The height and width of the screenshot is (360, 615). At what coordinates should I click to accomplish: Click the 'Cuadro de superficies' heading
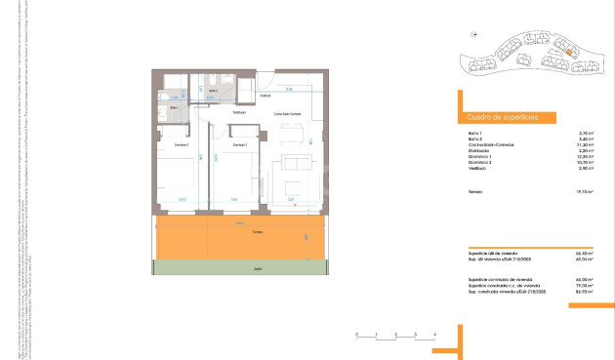(499, 117)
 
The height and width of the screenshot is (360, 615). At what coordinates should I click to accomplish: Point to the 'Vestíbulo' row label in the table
(477, 169)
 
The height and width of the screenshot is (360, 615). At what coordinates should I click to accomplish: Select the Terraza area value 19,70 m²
(587, 193)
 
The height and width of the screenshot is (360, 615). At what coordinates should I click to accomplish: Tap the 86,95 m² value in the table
(587, 292)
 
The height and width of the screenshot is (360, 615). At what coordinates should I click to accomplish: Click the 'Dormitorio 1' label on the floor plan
(182, 144)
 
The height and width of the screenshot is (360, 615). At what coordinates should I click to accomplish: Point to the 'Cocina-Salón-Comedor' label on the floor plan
(287, 115)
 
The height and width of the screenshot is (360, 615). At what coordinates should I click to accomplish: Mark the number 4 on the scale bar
(433, 334)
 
